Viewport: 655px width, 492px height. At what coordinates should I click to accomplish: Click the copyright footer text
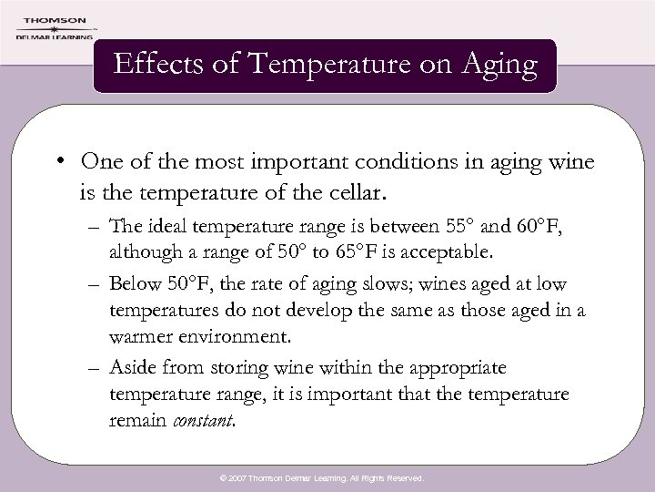click(327, 477)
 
